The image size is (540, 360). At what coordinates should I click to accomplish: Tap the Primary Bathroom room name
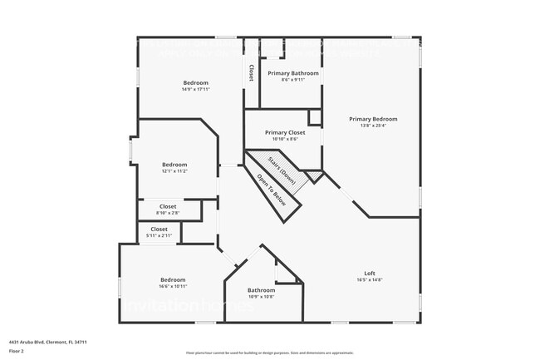pos(293,73)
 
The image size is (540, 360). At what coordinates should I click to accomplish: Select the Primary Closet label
pos(285,132)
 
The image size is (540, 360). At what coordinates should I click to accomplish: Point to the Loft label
pos(370,274)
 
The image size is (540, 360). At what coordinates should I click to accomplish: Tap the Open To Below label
pos(272,190)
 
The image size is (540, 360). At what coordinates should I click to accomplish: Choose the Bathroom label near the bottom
pos(261,289)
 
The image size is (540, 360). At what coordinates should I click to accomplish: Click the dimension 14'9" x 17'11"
pos(196,89)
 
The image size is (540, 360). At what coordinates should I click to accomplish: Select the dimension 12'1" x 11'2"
pos(174,171)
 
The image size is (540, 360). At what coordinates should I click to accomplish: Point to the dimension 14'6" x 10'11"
pos(173,286)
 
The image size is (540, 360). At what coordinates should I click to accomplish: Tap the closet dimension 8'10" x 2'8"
pos(168,213)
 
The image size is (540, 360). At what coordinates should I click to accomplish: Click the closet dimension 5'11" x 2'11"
pos(159,236)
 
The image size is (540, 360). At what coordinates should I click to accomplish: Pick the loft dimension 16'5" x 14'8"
pos(370,280)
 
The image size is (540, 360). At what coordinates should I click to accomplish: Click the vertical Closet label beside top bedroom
pos(250,73)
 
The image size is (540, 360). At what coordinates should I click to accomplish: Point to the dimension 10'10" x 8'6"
pos(285,139)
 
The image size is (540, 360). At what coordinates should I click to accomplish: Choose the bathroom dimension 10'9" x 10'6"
pos(261,296)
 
